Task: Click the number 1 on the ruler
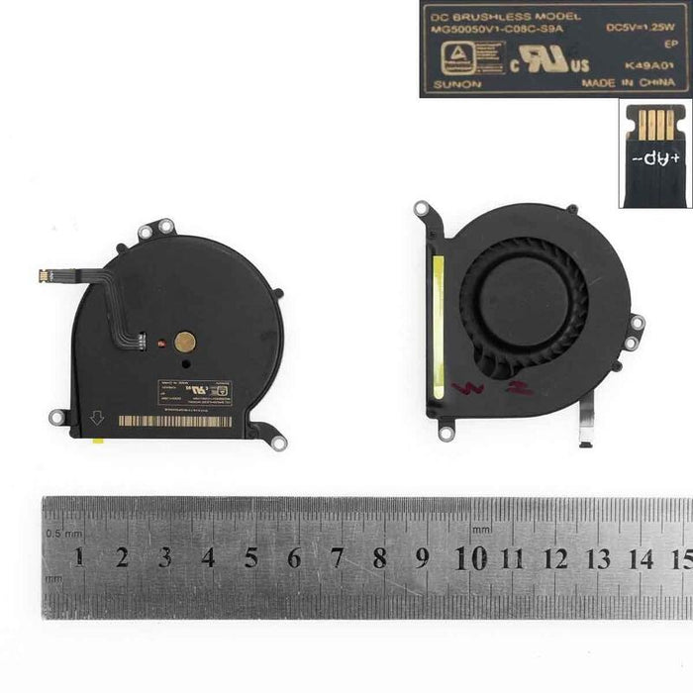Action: click(78, 556)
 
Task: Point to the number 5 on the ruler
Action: click(250, 557)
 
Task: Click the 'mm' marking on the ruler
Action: click(482, 530)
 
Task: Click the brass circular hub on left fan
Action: click(185, 343)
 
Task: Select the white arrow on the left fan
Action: click(97, 419)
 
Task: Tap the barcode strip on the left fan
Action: click(174, 421)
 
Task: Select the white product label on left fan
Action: click(195, 393)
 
